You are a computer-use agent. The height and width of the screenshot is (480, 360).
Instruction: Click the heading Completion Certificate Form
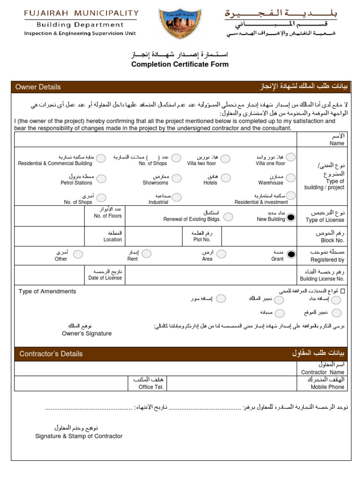point(180,64)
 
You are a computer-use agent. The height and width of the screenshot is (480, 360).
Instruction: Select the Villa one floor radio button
point(291,157)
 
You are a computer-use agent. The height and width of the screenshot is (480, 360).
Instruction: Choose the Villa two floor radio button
point(225,158)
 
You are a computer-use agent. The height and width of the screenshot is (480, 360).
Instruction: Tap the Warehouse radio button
point(291,178)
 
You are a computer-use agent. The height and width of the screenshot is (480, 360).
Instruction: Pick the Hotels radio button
point(225,178)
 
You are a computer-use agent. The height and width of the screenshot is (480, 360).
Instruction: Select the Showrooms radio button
point(176,178)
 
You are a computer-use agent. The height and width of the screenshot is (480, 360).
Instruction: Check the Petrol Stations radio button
point(101,179)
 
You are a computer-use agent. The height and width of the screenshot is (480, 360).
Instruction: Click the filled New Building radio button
point(291,217)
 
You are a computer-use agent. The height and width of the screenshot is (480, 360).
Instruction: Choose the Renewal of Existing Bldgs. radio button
point(228,217)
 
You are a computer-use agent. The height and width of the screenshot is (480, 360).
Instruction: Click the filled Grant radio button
point(291,254)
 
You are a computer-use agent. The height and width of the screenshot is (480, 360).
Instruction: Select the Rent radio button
point(147,254)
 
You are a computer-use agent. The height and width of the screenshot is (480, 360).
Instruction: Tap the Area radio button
point(221,254)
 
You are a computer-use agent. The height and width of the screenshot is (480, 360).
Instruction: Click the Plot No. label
point(202,240)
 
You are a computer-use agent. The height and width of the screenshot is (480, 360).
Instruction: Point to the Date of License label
point(105,278)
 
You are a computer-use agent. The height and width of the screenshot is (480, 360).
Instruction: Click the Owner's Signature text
point(87,333)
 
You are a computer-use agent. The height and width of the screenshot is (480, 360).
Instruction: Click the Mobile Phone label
point(327,387)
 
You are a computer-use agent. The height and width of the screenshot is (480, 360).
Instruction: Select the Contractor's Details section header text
point(51,354)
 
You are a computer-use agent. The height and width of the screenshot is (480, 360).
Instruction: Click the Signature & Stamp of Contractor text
point(79,436)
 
